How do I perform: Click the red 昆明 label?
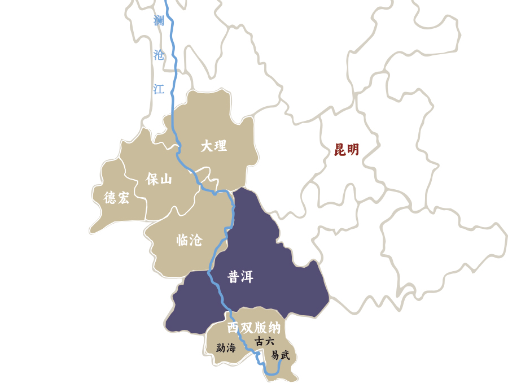click(x=347, y=150)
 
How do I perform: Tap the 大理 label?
click(x=213, y=146)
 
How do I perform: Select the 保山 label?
click(x=159, y=179)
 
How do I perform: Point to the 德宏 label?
click(x=116, y=197)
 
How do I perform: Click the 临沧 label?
click(x=189, y=240)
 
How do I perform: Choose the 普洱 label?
click(x=240, y=277)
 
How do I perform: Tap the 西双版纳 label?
click(x=253, y=328)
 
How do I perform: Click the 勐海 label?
click(x=226, y=348)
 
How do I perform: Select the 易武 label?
click(x=280, y=355)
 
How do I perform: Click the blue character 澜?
click(x=159, y=21)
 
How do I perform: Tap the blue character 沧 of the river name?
click(x=159, y=55)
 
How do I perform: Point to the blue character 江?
click(x=159, y=89)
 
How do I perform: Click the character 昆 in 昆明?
click(x=340, y=150)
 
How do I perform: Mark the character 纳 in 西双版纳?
click(x=274, y=328)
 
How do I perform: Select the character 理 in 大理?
click(x=220, y=146)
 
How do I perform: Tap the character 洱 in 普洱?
click(x=247, y=277)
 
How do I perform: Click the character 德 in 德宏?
click(x=110, y=197)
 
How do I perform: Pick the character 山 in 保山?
click(x=165, y=179)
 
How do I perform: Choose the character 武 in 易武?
click(x=285, y=355)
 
